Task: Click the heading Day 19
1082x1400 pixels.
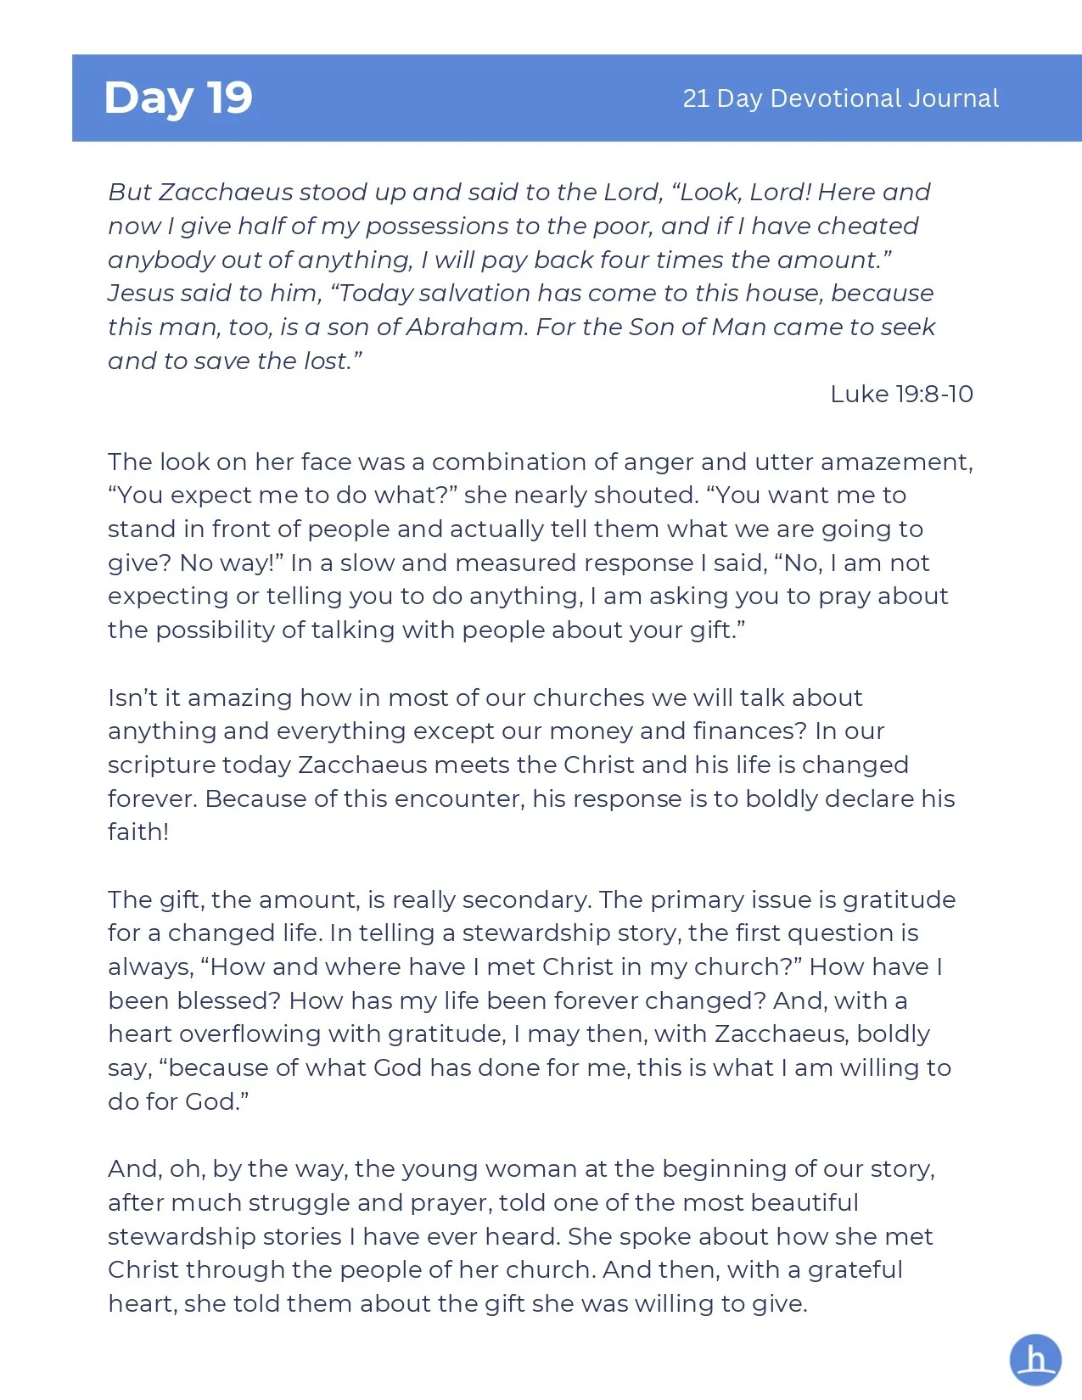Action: coord(178,98)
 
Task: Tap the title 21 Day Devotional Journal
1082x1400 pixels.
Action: coord(840,98)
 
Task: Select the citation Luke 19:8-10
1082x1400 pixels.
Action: coord(901,394)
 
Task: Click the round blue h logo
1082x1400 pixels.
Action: coord(1035,1360)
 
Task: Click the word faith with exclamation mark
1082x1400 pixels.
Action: coord(137,832)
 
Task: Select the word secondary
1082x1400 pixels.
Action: coord(526,899)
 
